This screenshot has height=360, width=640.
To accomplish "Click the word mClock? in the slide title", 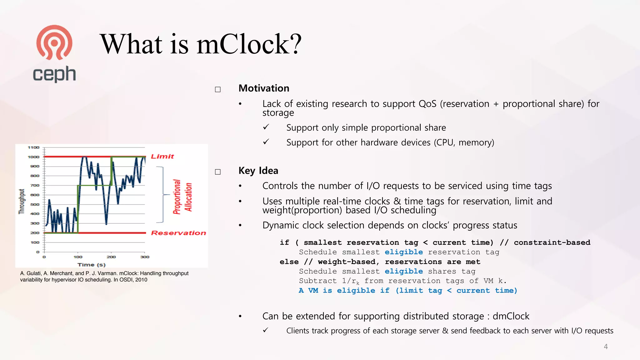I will (249, 44).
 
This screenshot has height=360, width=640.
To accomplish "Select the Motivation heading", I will (264, 88).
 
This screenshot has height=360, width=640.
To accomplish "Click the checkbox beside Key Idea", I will (218, 172).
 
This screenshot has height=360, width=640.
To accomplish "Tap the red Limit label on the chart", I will (162, 156).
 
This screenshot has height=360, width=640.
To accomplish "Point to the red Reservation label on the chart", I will (178, 233).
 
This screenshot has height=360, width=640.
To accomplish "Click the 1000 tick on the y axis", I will (33, 157).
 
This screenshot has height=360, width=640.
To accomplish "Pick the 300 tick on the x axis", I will (145, 257).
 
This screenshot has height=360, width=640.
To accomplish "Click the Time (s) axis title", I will (92, 265).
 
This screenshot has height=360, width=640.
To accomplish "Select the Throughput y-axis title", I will (22, 202).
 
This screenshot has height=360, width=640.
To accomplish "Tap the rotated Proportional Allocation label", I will (182, 197).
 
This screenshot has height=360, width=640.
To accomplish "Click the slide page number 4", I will (606, 347).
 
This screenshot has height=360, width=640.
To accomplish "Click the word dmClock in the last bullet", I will (511, 316).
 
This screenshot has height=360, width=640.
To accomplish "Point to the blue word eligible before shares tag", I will (404, 271).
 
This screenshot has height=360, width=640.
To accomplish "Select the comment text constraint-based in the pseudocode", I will (552, 242).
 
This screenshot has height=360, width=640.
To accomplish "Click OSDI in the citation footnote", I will (126, 280).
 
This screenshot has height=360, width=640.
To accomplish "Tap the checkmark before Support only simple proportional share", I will (266, 127).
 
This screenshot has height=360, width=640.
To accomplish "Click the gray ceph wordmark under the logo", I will (54, 74).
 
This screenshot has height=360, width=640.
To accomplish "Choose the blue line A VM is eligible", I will (408, 291).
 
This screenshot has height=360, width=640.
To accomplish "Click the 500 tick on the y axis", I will (35, 204).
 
